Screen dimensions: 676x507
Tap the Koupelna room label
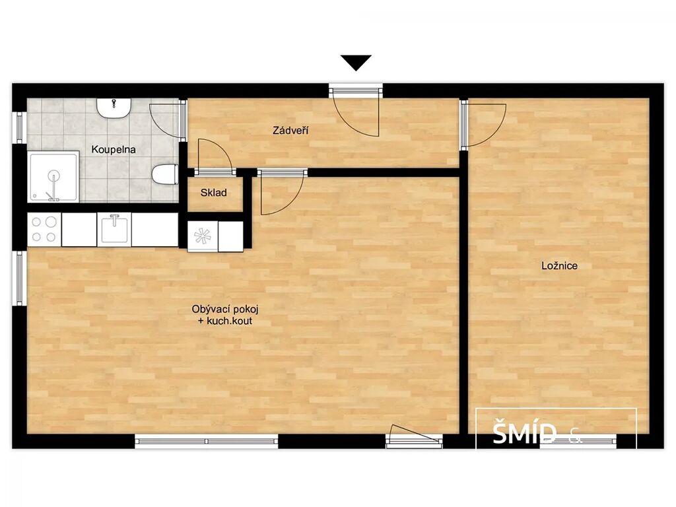tap(114, 150)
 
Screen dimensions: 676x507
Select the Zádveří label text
tap(290, 130)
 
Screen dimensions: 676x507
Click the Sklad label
tap(213, 193)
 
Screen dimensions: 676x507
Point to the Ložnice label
tap(559, 265)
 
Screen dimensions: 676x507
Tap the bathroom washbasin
tap(114, 108)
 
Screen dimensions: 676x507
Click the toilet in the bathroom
tap(165, 174)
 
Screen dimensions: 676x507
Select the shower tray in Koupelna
tap(53, 176)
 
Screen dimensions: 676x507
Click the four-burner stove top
tap(44, 229)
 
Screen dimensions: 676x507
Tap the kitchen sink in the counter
tap(114, 229)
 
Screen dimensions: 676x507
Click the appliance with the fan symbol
tap(203, 236)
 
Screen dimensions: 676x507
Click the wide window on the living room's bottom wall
tap(207, 441)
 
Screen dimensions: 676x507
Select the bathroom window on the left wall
tap(19, 127)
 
